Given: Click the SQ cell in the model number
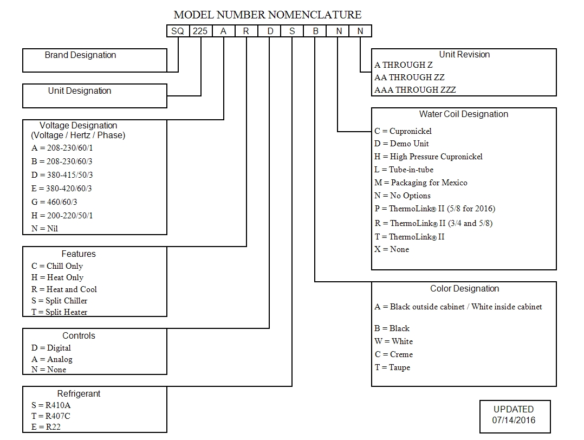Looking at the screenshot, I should pos(178,31).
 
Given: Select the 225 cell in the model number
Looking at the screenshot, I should pos(200,31).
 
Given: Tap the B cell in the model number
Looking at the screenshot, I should pos(315,31).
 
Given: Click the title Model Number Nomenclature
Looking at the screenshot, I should pos(268,15).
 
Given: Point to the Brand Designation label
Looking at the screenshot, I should pos(80,55).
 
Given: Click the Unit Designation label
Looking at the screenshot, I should pos(80,91).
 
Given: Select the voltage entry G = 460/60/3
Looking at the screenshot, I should pos(54,202).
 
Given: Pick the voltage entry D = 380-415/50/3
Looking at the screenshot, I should pos(62,175).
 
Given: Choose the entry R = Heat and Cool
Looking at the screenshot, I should pos(64,289).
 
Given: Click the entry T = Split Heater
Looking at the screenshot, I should pos(59,312).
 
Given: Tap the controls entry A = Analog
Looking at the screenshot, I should pos(51,359).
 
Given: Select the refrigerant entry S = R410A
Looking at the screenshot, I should pos(51,405).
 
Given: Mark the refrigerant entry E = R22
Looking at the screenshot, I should pos(46,427).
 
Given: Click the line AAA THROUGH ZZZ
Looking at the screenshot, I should pos(415,90).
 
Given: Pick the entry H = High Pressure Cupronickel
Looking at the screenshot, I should pos(428,157).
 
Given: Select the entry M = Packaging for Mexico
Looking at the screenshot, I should pos(420,183).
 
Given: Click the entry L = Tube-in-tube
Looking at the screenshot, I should pos(404,170).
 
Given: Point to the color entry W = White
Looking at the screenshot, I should pos(393,341).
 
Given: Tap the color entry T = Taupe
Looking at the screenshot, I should pos(392,367).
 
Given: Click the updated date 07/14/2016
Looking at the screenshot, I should pos(514,420).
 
